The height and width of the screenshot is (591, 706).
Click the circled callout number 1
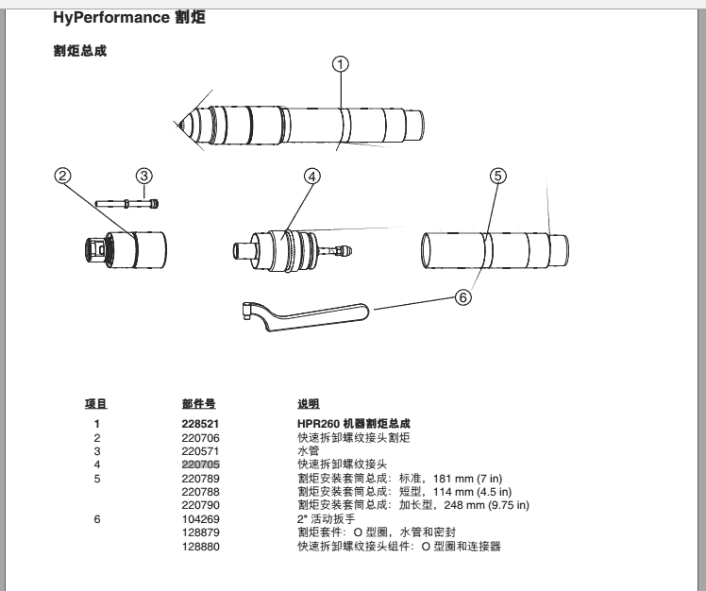pyautogui.click(x=341, y=64)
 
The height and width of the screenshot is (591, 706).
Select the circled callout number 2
pyautogui.click(x=63, y=176)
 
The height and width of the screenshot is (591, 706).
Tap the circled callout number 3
pyautogui.click(x=143, y=176)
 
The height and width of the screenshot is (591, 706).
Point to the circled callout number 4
pyautogui.click(x=312, y=176)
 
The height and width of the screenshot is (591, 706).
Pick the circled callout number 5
pyautogui.click(x=498, y=176)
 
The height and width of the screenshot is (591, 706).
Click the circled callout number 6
pyautogui.click(x=462, y=296)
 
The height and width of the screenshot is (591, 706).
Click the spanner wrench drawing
pyautogui.click(x=302, y=314)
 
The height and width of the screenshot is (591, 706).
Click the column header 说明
pyautogui.click(x=309, y=404)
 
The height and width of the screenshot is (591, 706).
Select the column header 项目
pyautogui.click(x=96, y=404)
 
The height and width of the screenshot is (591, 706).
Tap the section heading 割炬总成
pyautogui.click(x=79, y=50)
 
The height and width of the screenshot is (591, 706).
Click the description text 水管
pyautogui.click(x=308, y=451)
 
